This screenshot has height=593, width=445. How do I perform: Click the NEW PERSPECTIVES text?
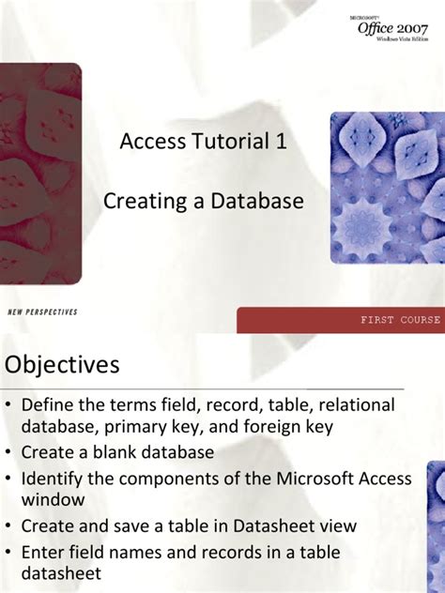click(x=42, y=312)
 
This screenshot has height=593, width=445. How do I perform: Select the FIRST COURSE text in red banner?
click(x=400, y=320)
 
